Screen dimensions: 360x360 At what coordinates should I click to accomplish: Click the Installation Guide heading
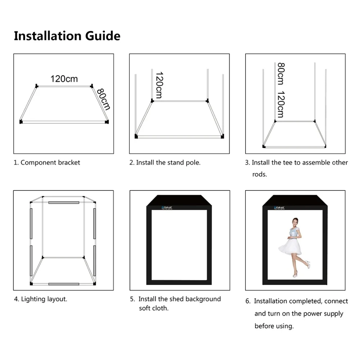(67, 36)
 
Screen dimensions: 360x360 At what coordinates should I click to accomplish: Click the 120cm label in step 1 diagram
(64, 79)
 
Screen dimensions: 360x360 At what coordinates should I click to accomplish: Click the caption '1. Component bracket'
(47, 162)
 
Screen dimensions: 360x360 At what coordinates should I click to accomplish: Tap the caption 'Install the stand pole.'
(168, 162)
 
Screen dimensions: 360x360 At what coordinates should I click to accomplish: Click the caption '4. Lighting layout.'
(41, 299)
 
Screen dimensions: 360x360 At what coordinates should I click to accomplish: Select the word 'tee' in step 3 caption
(288, 162)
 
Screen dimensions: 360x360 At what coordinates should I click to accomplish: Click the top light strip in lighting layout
(64, 203)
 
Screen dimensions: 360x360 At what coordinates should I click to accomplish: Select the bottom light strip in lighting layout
(64, 284)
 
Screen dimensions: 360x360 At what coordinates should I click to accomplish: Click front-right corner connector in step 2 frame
(223, 136)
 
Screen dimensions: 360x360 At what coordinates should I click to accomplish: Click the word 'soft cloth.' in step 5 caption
(154, 309)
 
